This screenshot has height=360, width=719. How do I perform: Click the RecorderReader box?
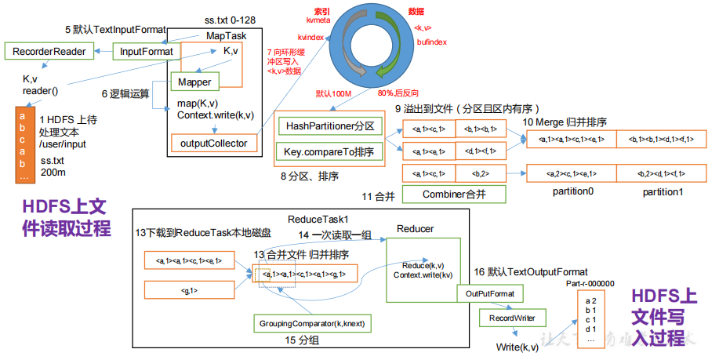pyautogui.click(x=49, y=52)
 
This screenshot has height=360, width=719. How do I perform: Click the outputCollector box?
pyautogui.click(x=213, y=143)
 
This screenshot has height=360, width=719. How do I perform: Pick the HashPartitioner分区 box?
pyautogui.click(x=330, y=125)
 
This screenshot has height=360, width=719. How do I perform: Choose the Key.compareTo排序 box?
pyautogui.click(x=330, y=151)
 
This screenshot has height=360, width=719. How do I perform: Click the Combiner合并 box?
pyautogui.click(x=454, y=194)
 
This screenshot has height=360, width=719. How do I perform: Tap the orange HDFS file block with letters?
pyautogui.click(x=21, y=144)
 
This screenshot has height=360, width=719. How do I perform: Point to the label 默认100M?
pyautogui.click(x=335, y=93)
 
